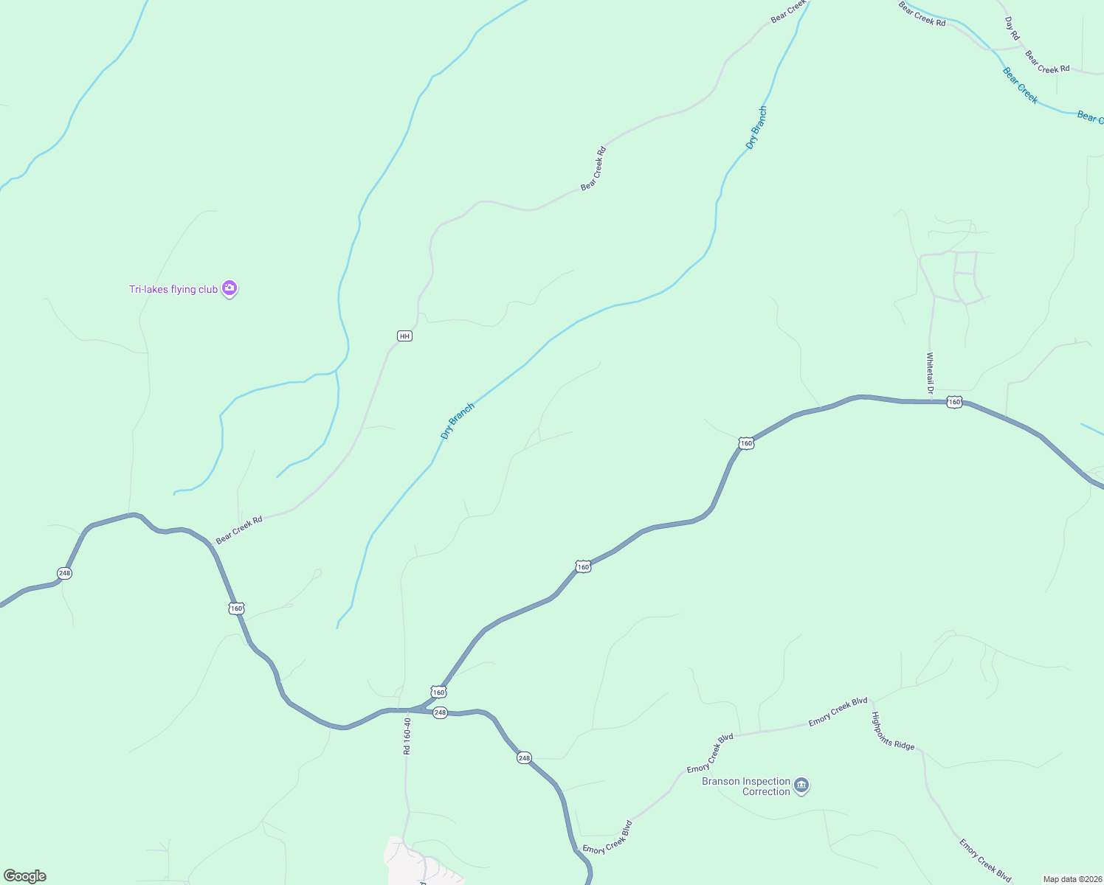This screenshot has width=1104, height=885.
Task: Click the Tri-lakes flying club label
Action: point(173,289)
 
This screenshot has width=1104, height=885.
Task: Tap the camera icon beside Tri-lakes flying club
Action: point(230,288)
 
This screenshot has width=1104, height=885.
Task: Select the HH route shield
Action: point(404,336)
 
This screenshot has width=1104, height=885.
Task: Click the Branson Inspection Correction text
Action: point(746,786)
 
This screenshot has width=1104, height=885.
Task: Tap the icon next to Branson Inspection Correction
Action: point(802,785)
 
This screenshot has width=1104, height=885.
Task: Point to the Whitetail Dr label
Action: point(931,372)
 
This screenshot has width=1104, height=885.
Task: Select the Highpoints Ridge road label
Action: point(893,731)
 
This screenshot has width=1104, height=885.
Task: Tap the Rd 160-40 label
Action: point(407,736)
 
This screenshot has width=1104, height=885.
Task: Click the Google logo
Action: point(25,876)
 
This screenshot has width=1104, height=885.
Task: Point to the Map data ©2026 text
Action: point(1072,879)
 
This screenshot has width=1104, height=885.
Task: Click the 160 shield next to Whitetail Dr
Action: point(955,402)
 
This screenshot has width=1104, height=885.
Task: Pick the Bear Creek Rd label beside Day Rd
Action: point(1047,62)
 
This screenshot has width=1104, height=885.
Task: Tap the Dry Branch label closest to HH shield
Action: point(457,422)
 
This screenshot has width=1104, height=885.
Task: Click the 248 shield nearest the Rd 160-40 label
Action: point(440,712)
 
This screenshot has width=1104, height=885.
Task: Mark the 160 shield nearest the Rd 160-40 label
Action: point(438,693)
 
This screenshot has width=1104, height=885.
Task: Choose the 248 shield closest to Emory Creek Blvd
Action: point(524,758)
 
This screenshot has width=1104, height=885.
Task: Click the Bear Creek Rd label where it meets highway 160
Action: point(239,530)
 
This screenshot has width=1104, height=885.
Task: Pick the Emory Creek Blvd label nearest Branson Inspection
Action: point(710,754)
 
